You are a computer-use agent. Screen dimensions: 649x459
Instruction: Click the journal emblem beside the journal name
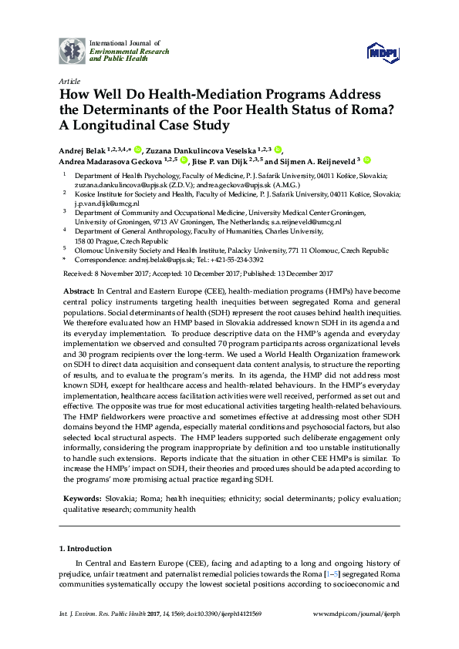pyautogui.click(x=73, y=50)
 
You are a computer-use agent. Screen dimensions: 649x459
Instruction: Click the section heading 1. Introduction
pyautogui.click(x=86, y=549)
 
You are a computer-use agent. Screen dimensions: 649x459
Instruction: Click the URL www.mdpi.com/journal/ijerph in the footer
pyautogui.click(x=359, y=634)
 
